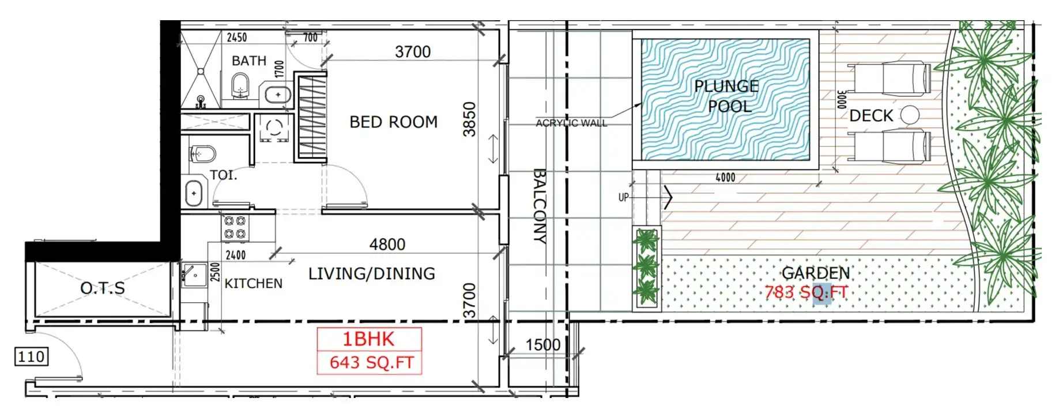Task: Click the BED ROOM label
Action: tap(393, 122)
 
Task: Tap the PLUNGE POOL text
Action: tap(726, 96)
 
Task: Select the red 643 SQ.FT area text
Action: tap(371, 362)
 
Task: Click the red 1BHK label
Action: tap(368, 339)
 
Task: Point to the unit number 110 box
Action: tap(31, 356)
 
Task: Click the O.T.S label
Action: tap(103, 288)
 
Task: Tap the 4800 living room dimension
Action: tap(387, 245)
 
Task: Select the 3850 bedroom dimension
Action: tap(470, 119)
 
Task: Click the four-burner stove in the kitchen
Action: tap(235, 227)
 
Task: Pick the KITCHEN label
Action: tap(253, 283)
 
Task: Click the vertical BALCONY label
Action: tap(539, 206)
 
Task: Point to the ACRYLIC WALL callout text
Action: tap(571, 123)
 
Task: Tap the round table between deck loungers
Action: tap(910, 115)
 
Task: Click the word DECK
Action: tap(871, 116)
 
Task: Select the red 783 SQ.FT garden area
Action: tap(806, 292)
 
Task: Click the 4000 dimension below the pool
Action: tap(725, 178)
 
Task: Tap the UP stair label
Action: tap(623, 197)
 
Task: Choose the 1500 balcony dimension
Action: tap(542, 345)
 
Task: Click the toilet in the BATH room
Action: tap(240, 87)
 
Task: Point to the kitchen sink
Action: tap(195, 275)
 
